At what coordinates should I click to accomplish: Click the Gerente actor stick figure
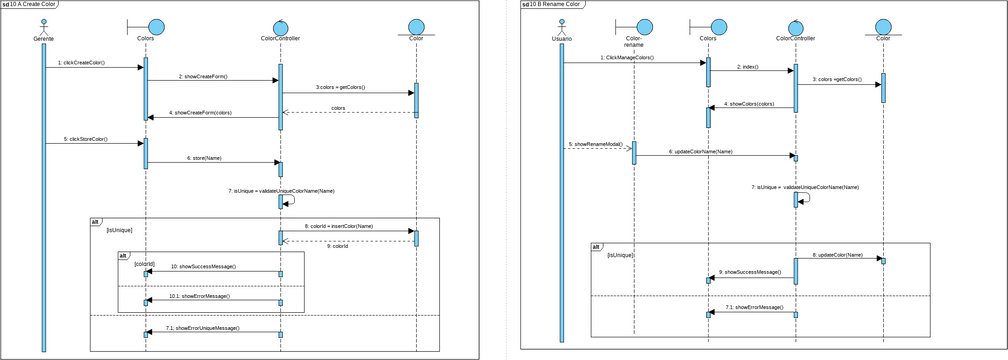[x=43, y=26]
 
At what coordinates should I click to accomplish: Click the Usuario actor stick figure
[x=562, y=26]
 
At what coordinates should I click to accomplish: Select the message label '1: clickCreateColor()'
[x=81, y=62]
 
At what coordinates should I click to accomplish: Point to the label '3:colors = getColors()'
[x=340, y=87]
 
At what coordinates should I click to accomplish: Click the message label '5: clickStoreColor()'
[x=85, y=138]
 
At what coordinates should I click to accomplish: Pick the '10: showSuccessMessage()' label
[x=203, y=267]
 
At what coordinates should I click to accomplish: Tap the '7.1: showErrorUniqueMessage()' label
[x=203, y=328]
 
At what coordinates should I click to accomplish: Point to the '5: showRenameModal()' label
[x=596, y=144]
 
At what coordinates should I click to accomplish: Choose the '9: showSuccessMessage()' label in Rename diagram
[x=749, y=272]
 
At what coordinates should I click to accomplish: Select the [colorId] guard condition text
[x=145, y=263]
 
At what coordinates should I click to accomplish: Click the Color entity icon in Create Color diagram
[x=415, y=26]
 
